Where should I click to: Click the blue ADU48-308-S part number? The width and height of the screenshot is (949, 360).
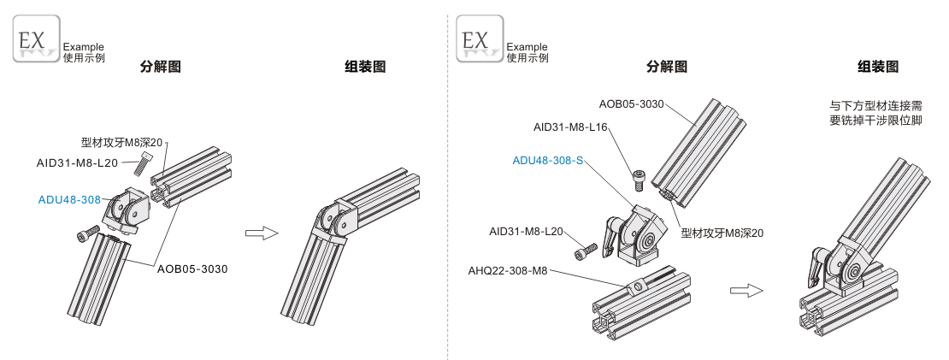(x=547, y=160)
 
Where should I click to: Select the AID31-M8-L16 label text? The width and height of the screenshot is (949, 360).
(x=570, y=127)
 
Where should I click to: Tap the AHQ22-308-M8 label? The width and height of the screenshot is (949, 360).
(x=507, y=271)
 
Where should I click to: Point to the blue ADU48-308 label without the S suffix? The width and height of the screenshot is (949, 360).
(x=69, y=200)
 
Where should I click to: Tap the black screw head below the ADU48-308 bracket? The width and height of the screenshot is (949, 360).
(x=85, y=233)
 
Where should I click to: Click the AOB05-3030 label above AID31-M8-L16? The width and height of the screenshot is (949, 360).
(x=631, y=104)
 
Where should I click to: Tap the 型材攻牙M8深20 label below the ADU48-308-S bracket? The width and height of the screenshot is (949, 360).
(x=722, y=233)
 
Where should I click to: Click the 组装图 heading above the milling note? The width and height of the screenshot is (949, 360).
(x=878, y=67)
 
